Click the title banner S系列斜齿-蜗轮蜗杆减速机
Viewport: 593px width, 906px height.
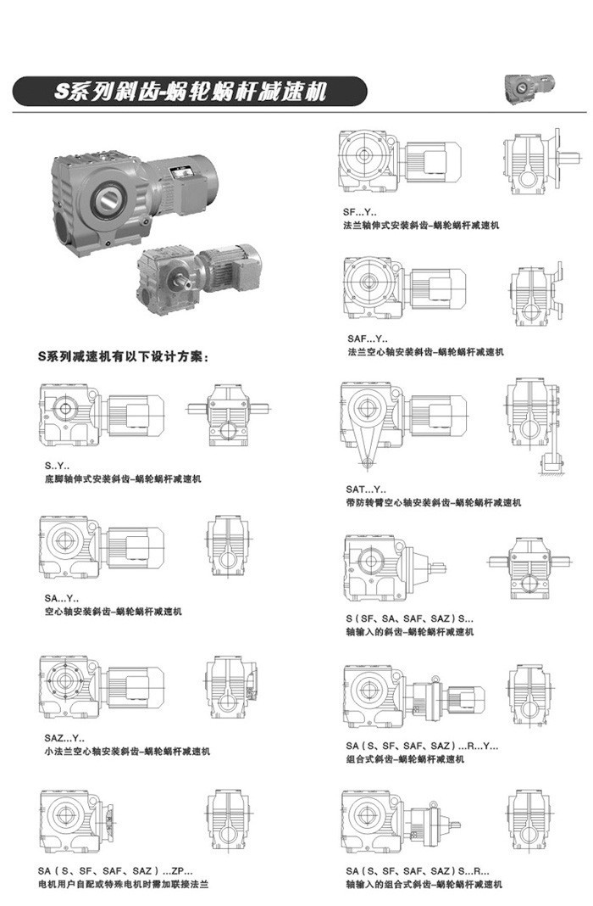(x=190, y=91)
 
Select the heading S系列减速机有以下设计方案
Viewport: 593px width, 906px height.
(x=123, y=357)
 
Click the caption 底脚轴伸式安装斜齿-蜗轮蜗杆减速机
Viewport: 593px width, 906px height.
(x=123, y=479)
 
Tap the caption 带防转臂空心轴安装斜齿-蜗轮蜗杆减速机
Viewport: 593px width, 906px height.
(x=432, y=502)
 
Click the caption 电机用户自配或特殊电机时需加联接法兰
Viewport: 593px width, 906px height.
(x=123, y=884)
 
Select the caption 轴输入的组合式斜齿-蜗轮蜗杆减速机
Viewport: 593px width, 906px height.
(x=424, y=884)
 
